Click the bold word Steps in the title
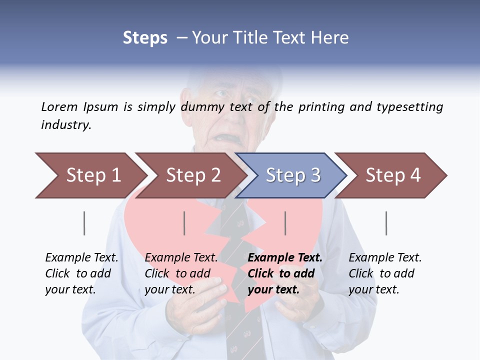[x=145, y=38]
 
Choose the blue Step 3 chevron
[x=292, y=175]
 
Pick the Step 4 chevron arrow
[x=392, y=175]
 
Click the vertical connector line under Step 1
[x=84, y=223]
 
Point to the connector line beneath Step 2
[x=184, y=223]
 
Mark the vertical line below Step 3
[x=285, y=223]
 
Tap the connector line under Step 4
[x=386, y=223]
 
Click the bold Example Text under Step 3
[x=285, y=258]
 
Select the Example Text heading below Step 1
[x=81, y=258]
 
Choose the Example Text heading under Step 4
[x=385, y=258]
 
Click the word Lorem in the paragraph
[x=59, y=106]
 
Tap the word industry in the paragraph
[x=66, y=125]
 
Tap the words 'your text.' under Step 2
[x=170, y=289]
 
